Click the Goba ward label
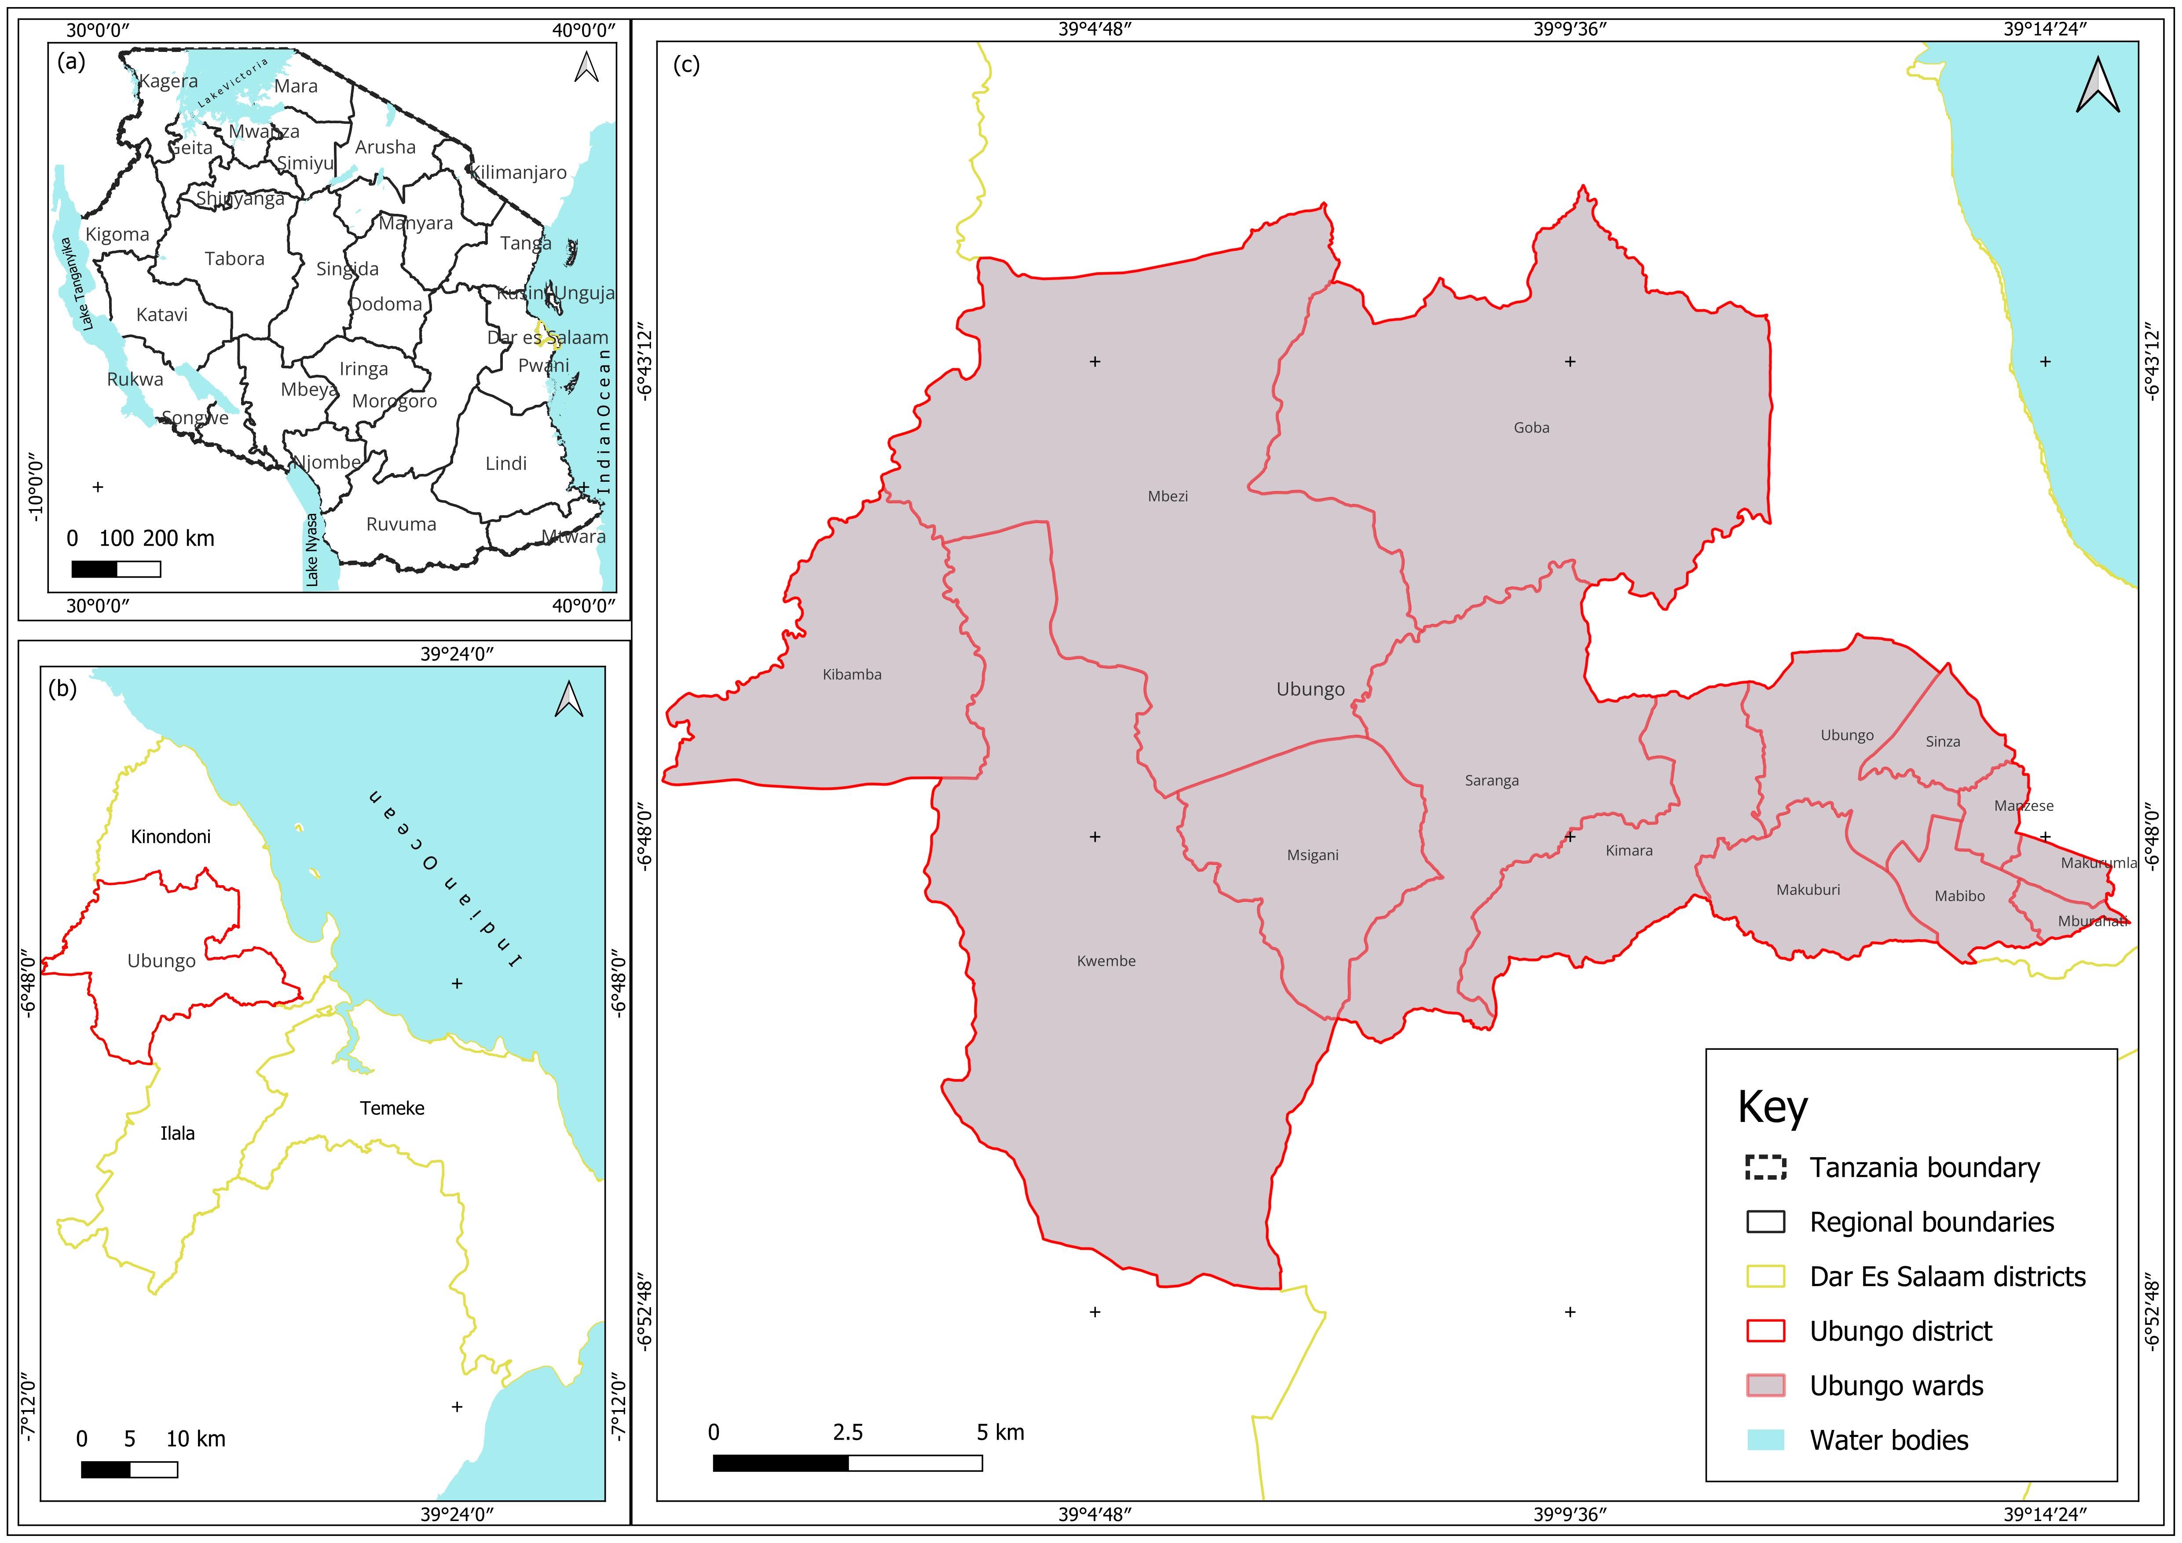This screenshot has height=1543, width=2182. tap(1531, 428)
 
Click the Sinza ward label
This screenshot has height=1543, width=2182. tap(1943, 741)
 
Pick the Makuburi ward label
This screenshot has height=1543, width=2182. tap(1808, 890)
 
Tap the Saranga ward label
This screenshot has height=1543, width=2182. tap(1491, 781)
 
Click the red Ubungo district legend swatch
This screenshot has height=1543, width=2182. tap(1766, 1331)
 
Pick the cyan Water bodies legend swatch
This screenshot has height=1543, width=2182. tap(1766, 1440)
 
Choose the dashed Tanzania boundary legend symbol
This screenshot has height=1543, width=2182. tap(1766, 1167)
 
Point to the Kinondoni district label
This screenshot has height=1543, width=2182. tap(171, 837)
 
